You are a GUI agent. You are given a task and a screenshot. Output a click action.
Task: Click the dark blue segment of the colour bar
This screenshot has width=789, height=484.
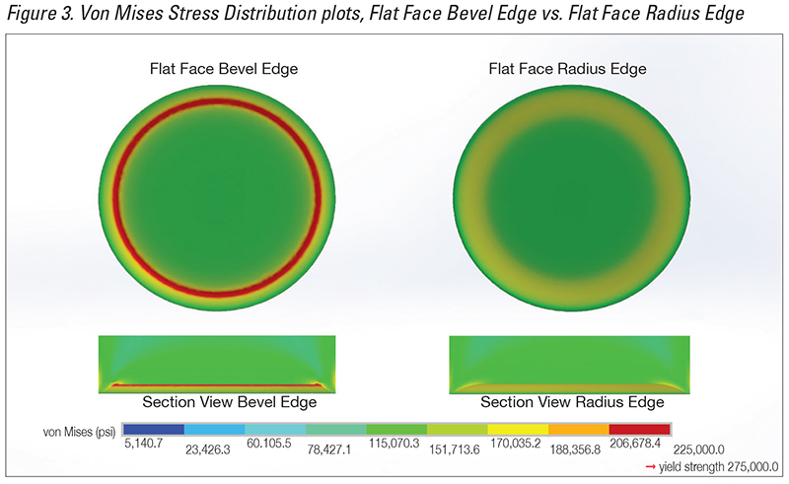(x=154, y=429)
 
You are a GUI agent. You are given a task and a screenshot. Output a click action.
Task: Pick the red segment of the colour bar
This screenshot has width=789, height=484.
(x=640, y=429)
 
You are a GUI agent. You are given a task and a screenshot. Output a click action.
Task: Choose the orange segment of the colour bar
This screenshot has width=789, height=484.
(x=579, y=429)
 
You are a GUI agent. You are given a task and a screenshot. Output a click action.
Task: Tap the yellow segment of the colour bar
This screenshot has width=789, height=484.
(x=519, y=429)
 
